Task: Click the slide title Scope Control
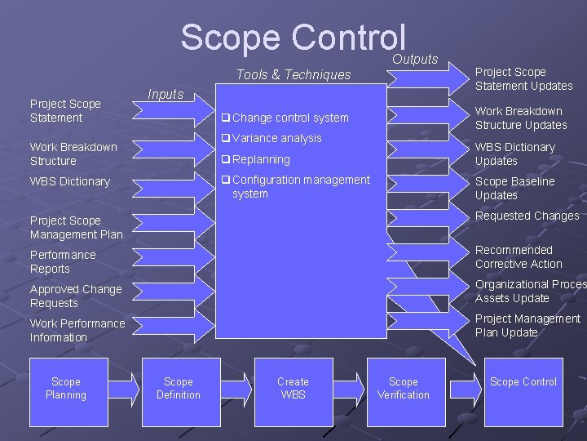click(293, 38)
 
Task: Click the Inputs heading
click(166, 94)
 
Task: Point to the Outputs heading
click(415, 59)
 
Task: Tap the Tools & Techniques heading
click(293, 74)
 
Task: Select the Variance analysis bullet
click(276, 138)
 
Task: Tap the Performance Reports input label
click(63, 261)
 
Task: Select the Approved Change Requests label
click(76, 296)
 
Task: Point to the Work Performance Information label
click(77, 330)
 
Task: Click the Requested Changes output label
click(527, 216)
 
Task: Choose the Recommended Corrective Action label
click(519, 256)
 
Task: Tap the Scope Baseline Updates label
click(514, 188)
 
